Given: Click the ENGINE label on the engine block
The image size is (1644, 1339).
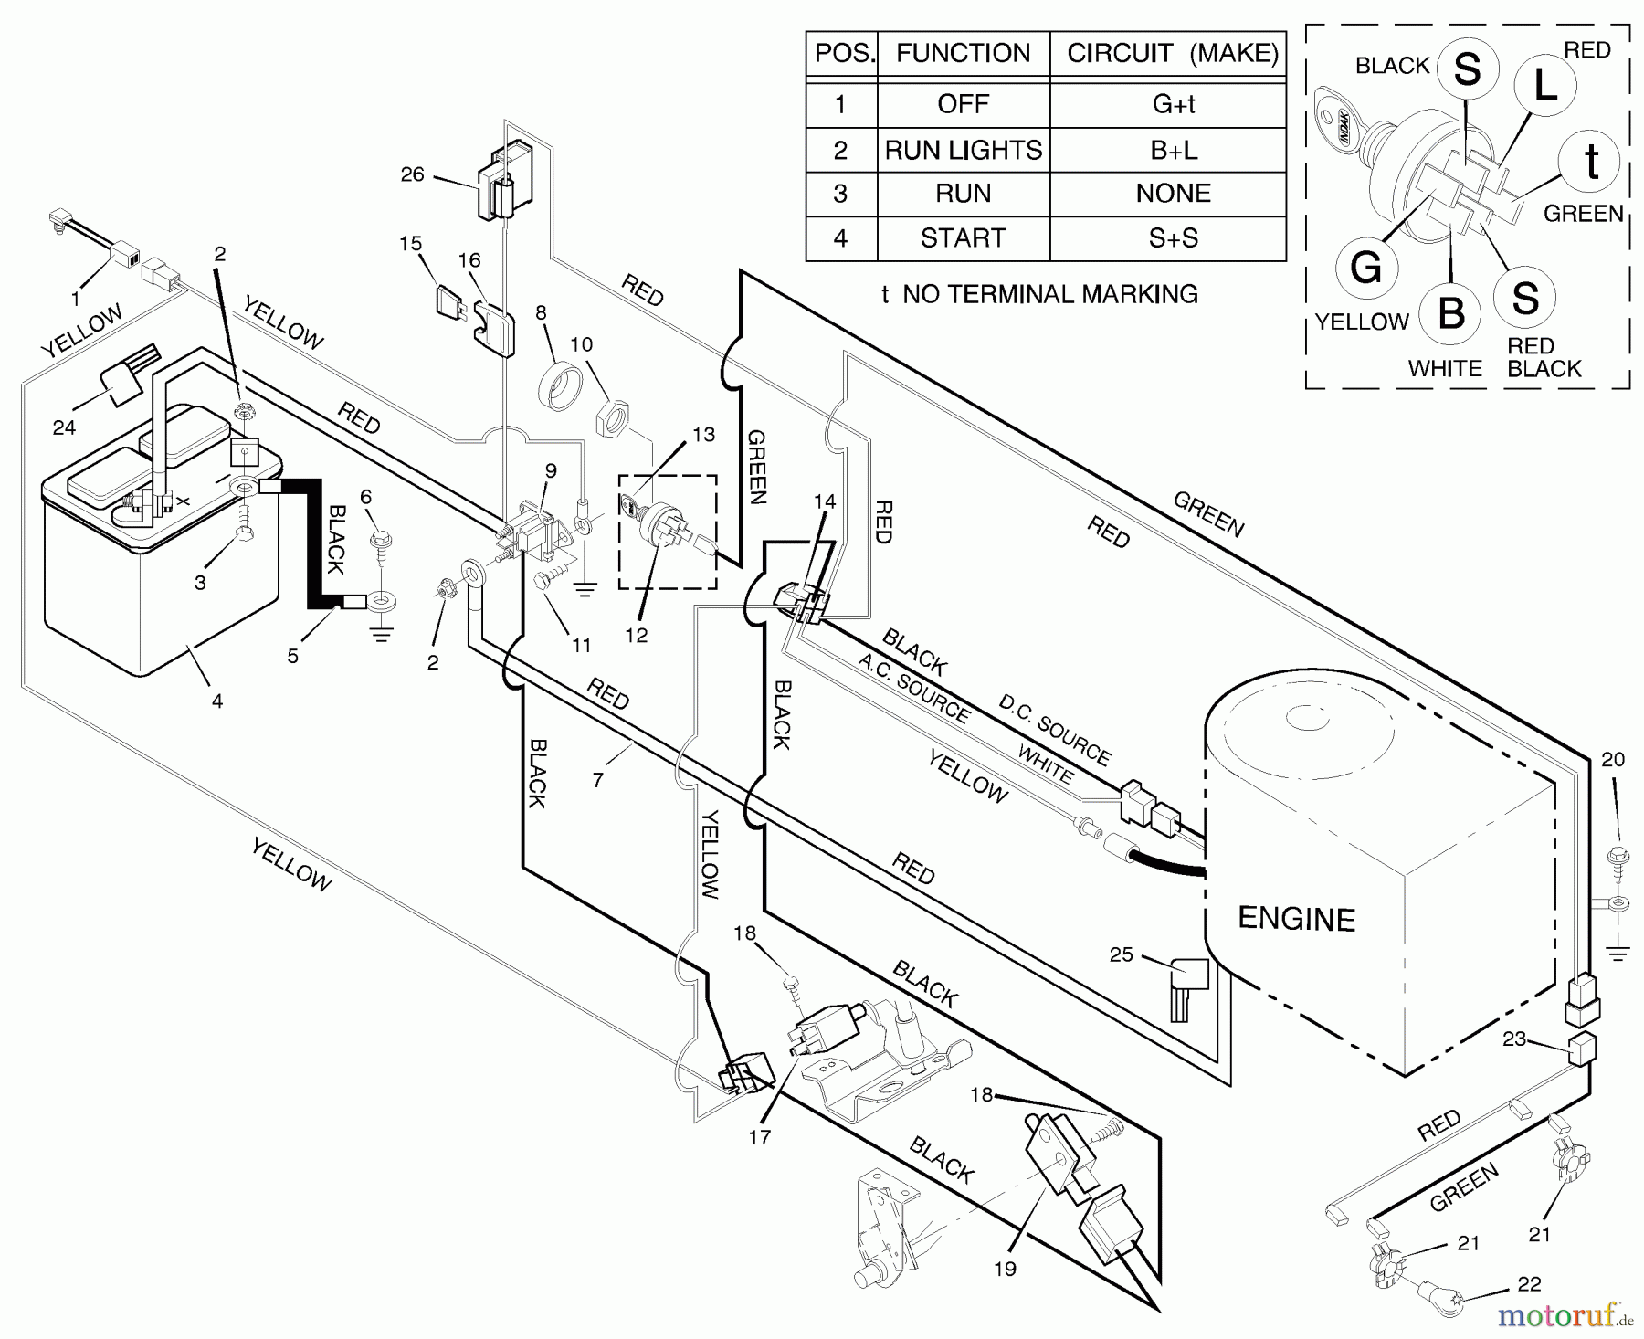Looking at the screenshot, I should click(1295, 919).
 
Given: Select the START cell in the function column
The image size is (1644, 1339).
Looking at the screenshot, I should click(963, 238).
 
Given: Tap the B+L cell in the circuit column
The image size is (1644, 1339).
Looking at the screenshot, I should click(1173, 150).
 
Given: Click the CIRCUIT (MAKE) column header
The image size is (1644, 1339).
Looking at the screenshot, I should click(1172, 53).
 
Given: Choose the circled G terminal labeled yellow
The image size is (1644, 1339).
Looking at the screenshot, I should click(1366, 269).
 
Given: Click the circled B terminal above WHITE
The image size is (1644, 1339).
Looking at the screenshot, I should click(1451, 313).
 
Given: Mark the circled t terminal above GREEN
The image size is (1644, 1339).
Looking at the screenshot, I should click(1591, 163).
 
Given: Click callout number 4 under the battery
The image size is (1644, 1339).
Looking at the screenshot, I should click(217, 701).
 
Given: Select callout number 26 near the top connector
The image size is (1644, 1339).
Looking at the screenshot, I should click(413, 174).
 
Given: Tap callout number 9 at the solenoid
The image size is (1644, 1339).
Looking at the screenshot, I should click(551, 471).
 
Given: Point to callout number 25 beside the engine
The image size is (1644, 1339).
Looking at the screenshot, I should click(1121, 954).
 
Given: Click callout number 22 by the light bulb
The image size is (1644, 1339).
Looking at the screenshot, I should click(1529, 1284).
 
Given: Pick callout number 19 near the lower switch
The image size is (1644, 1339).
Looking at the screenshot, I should click(1005, 1269).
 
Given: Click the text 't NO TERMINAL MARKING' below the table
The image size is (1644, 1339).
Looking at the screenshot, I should click(1039, 294).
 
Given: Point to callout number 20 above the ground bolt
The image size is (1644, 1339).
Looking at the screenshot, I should click(1613, 759).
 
